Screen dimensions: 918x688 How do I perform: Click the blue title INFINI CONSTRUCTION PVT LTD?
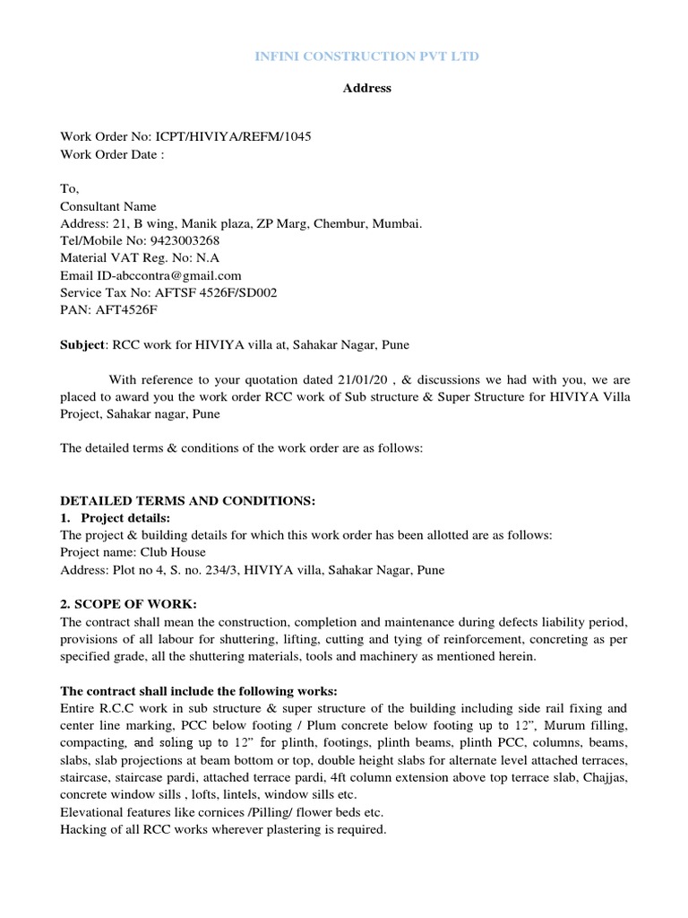tap(366, 56)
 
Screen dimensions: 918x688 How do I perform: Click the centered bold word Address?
tap(366, 88)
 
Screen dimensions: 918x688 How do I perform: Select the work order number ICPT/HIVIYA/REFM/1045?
tap(236, 136)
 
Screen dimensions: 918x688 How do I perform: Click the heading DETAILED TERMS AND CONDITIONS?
tap(187, 500)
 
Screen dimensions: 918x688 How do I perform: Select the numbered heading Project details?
tap(131, 517)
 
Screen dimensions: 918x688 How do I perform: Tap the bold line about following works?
tap(199, 690)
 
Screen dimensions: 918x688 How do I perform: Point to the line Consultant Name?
tap(107, 206)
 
